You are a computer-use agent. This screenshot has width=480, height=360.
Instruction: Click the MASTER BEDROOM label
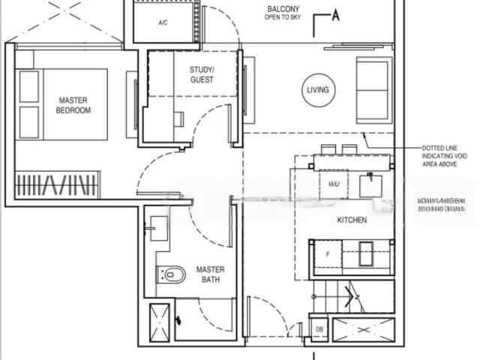click(x=73, y=105)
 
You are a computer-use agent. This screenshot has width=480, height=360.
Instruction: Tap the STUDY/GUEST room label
click(x=202, y=74)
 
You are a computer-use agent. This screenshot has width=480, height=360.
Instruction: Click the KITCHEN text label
click(x=352, y=220)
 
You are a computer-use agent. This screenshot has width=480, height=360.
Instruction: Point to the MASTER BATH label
click(x=210, y=274)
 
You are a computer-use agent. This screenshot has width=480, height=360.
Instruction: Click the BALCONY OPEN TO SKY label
click(x=283, y=13)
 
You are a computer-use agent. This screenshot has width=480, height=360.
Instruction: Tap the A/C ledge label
click(x=163, y=22)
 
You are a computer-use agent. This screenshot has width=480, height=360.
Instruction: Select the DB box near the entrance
click(x=319, y=328)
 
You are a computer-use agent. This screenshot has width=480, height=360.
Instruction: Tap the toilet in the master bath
click(x=172, y=274)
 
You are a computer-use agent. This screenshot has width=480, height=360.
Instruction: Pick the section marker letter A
click(x=335, y=18)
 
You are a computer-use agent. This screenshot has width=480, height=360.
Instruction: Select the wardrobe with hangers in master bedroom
click(x=57, y=184)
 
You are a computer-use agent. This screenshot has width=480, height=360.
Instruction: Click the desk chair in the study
click(x=178, y=119)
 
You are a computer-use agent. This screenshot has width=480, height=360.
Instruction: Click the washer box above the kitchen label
click(x=333, y=184)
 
